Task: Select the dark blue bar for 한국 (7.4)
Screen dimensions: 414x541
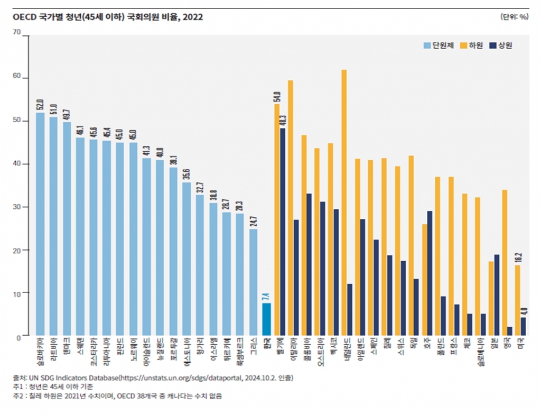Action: coord(267,319)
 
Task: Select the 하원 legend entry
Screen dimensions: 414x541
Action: coord(473,45)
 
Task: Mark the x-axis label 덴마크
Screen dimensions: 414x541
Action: coord(67,346)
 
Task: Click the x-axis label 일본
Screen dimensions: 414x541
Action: coord(494,344)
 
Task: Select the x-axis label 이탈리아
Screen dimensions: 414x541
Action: coord(294,348)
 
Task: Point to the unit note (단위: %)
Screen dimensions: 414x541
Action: coord(514,16)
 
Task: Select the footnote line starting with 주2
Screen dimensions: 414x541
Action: coord(116,395)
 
